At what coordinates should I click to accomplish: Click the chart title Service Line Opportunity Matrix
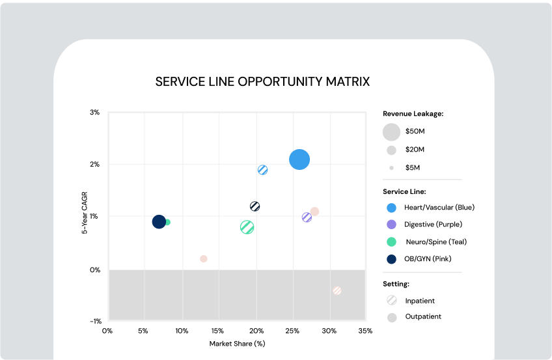262,81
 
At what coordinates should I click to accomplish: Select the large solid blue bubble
299,159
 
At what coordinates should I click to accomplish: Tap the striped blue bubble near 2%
262,170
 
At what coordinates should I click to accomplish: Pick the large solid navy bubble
159,222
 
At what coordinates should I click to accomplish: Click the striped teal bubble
247,227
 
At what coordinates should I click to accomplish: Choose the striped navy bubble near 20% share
255,206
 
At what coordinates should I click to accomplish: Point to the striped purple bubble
307,217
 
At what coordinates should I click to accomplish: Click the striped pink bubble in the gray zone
337,291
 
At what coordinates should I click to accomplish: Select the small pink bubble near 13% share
204,258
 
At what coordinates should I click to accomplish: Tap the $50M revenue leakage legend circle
391,132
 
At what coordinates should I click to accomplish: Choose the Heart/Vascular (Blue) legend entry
439,208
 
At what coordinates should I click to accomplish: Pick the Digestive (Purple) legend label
433,225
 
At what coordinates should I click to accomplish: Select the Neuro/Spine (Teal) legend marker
391,242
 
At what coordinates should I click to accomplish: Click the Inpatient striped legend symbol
391,301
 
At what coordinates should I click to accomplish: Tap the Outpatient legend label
422,317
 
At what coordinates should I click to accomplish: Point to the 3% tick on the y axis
95,113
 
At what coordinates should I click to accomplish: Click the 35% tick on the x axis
365,331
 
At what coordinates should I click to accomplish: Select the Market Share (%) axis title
237,343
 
